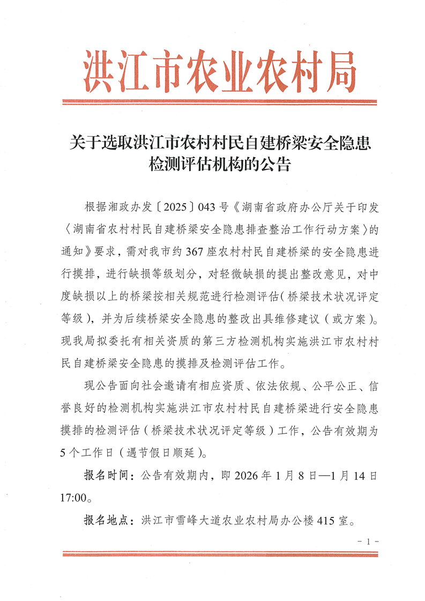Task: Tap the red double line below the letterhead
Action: [220, 101]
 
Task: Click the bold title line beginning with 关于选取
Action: [220, 143]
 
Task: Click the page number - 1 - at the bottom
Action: [368, 541]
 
